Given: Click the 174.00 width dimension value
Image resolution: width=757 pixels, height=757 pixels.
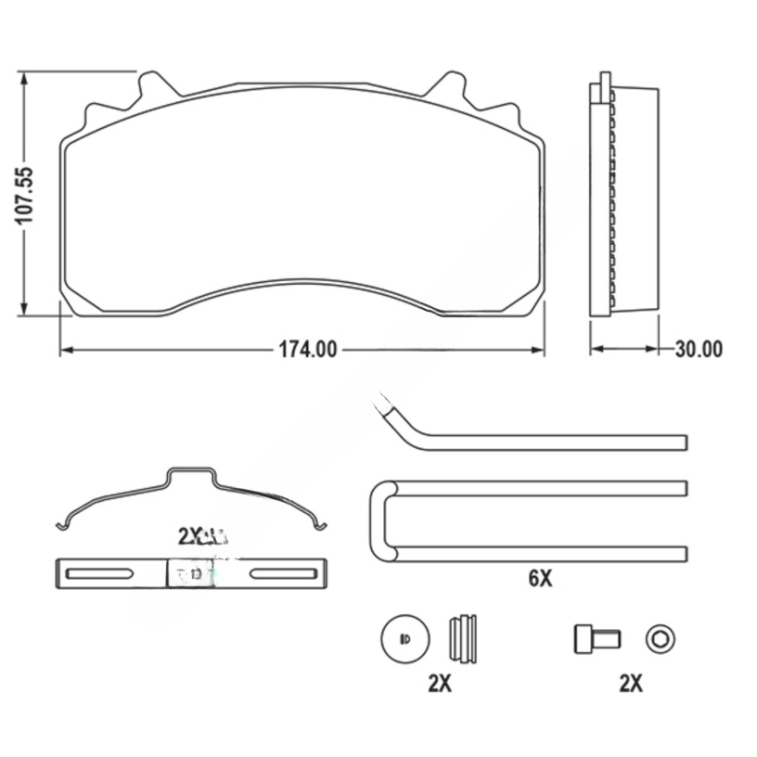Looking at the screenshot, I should [307, 350].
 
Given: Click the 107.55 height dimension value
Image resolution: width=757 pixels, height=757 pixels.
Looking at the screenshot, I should [25, 194].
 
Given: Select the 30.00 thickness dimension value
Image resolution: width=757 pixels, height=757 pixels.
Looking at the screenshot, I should [699, 350].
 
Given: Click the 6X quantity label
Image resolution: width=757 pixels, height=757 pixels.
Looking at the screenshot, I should [540, 579].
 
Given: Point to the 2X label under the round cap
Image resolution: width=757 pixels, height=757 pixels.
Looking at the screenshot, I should [439, 684].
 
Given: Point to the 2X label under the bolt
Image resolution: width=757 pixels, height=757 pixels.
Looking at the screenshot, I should [631, 684].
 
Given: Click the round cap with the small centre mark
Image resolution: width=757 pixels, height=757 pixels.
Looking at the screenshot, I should [404, 638].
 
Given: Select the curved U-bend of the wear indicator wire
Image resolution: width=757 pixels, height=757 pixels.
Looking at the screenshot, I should [378, 520].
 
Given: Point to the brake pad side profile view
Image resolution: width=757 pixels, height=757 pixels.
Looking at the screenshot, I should [623, 199].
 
